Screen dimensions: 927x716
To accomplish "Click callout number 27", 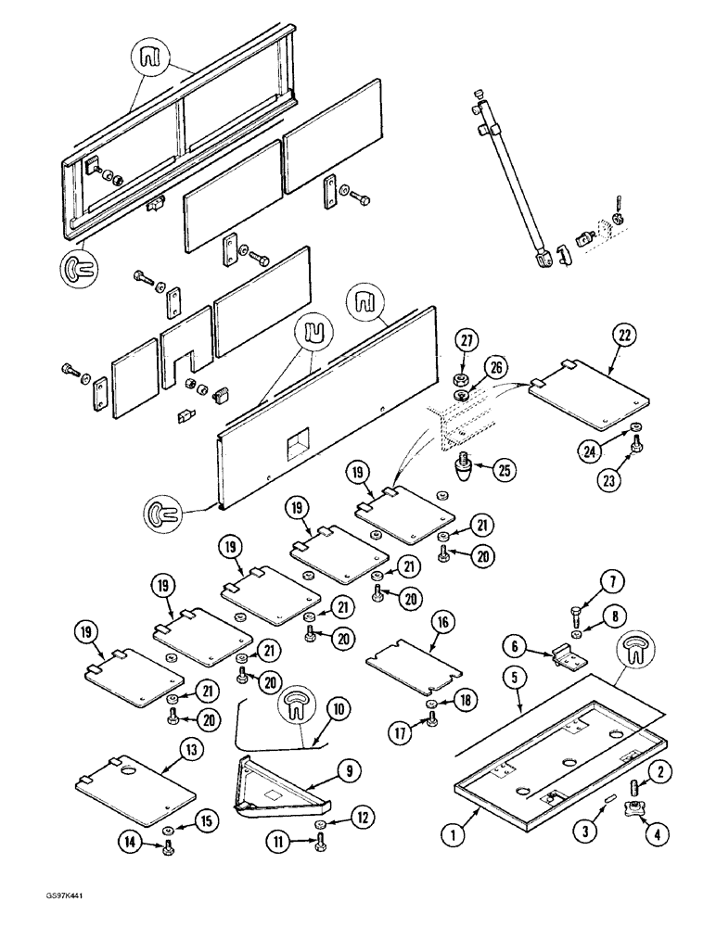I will pyautogui.click(x=466, y=340).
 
